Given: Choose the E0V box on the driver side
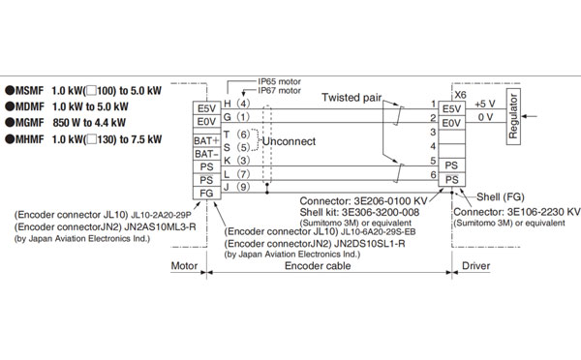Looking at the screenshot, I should click(x=450, y=123).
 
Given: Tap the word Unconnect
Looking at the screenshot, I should click(x=290, y=141).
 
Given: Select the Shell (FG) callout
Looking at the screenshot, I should click(x=505, y=193).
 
